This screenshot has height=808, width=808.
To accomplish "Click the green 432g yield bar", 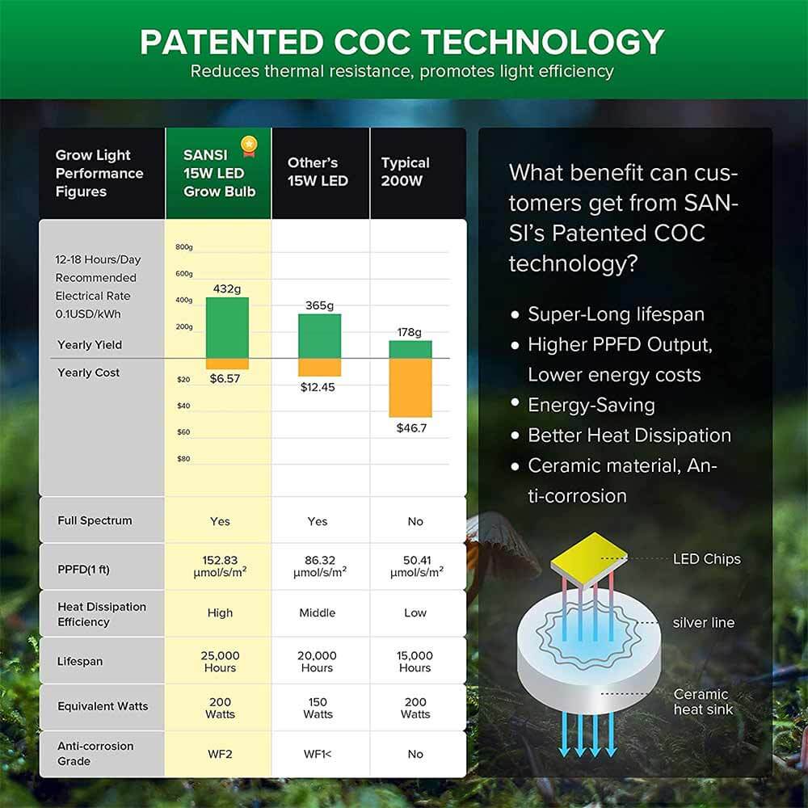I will pos(227,327).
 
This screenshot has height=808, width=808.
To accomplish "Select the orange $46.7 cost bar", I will pos(410,388).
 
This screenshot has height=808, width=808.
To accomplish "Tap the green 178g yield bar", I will pos(410,349).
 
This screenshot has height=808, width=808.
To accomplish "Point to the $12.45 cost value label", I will pos(318,387).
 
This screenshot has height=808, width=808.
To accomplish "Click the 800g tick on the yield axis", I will pos(184,247).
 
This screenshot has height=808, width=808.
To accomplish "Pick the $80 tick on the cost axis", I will pos(183,459).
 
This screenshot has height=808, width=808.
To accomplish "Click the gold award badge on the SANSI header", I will pos(249,146).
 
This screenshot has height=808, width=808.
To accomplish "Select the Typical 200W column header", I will pos(406,172).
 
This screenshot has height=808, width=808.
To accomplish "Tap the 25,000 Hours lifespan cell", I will pos(220,662).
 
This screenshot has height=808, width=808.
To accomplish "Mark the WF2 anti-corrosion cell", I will pos(220,754).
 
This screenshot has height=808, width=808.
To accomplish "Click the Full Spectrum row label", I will pos(95,521).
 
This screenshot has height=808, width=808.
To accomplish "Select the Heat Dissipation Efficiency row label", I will pos(102,614).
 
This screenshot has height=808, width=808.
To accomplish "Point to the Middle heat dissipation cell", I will pos(318,613).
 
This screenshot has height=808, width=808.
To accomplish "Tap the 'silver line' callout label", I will pos(703,623).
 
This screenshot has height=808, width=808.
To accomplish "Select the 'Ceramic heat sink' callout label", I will pos(703,701).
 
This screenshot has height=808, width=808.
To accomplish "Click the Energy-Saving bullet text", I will pos(591,405).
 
